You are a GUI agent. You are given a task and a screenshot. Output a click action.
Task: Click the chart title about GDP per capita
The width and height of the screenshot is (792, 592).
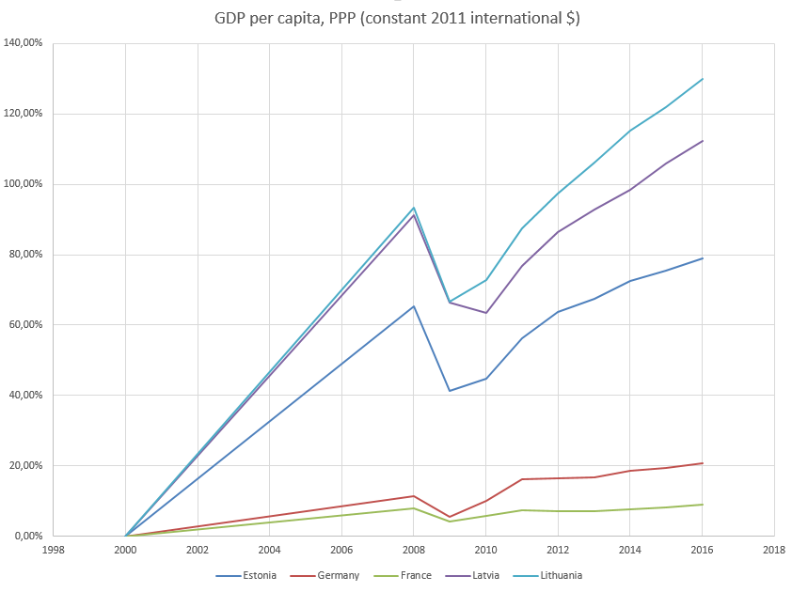[x=395, y=18]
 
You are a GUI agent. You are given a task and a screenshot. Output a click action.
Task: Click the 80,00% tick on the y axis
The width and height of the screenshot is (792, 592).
[x=28, y=255]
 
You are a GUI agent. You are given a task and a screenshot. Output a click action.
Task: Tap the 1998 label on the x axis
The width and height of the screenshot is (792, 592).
[x=54, y=550]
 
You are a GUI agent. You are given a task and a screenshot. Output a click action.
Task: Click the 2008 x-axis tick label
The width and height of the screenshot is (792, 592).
[x=414, y=550]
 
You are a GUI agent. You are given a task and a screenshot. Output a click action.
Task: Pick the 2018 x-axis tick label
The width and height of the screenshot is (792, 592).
[x=774, y=550]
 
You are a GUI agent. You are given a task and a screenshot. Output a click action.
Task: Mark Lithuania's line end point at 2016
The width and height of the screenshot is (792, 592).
[x=702, y=79]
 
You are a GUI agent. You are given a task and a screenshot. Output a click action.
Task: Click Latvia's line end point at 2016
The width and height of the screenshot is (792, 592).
[x=702, y=141]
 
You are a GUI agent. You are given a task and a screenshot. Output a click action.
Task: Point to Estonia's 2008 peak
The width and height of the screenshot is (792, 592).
[x=414, y=306]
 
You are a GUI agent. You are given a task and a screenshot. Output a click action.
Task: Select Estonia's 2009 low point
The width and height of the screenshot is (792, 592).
[x=450, y=391]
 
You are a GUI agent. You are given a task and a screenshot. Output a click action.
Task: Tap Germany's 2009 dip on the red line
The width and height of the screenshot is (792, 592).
[x=450, y=517]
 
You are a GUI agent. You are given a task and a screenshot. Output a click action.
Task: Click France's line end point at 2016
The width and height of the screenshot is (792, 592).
[x=702, y=505]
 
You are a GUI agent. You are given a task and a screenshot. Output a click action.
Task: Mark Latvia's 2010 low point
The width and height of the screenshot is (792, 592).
[x=486, y=313]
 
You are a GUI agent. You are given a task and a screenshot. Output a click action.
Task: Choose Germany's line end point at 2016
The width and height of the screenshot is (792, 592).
[x=702, y=463]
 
